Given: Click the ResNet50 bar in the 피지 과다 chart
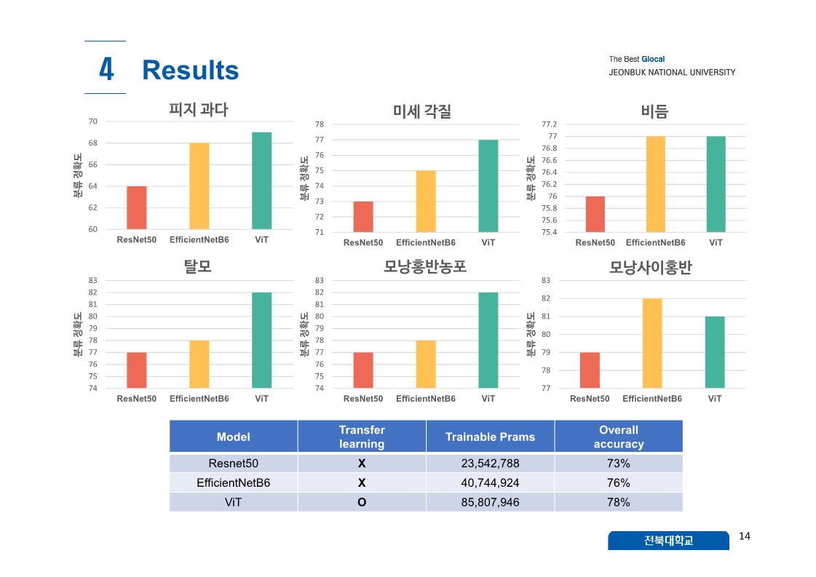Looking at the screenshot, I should (x=137, y=208).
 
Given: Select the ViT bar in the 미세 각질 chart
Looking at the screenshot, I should (x=488, y=186).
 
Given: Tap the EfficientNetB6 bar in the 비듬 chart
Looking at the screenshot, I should (x=655, y=184).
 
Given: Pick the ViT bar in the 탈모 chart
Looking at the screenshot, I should (x=262, y=340).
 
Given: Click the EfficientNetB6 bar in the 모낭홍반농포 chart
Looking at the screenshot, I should (x=426, y=364).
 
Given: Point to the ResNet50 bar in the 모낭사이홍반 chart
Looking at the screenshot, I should (x=590, y=370).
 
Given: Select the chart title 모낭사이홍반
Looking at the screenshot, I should (x=650, y=268).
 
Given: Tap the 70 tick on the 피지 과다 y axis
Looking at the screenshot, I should (x=92, y=122).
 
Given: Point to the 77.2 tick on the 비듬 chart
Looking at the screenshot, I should (x=550, y=124).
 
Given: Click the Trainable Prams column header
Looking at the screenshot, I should (x=490, y=437).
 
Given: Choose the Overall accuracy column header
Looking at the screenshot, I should (x=618, y=437).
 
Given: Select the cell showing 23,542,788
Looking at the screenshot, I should (x=490, y=463).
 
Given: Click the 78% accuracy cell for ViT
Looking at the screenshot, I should (x=618, y=502).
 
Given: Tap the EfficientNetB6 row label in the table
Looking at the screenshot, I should (x=233, y=482).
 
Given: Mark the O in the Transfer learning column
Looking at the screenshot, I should (x=362, y=502).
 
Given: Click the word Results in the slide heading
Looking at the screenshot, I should (x=191, y=71).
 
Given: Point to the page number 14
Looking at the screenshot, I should (x=744, y=536).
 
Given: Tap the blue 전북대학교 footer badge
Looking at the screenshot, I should (x=668, y=541).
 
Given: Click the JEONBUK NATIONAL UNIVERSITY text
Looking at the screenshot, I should (x=672, y=72).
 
